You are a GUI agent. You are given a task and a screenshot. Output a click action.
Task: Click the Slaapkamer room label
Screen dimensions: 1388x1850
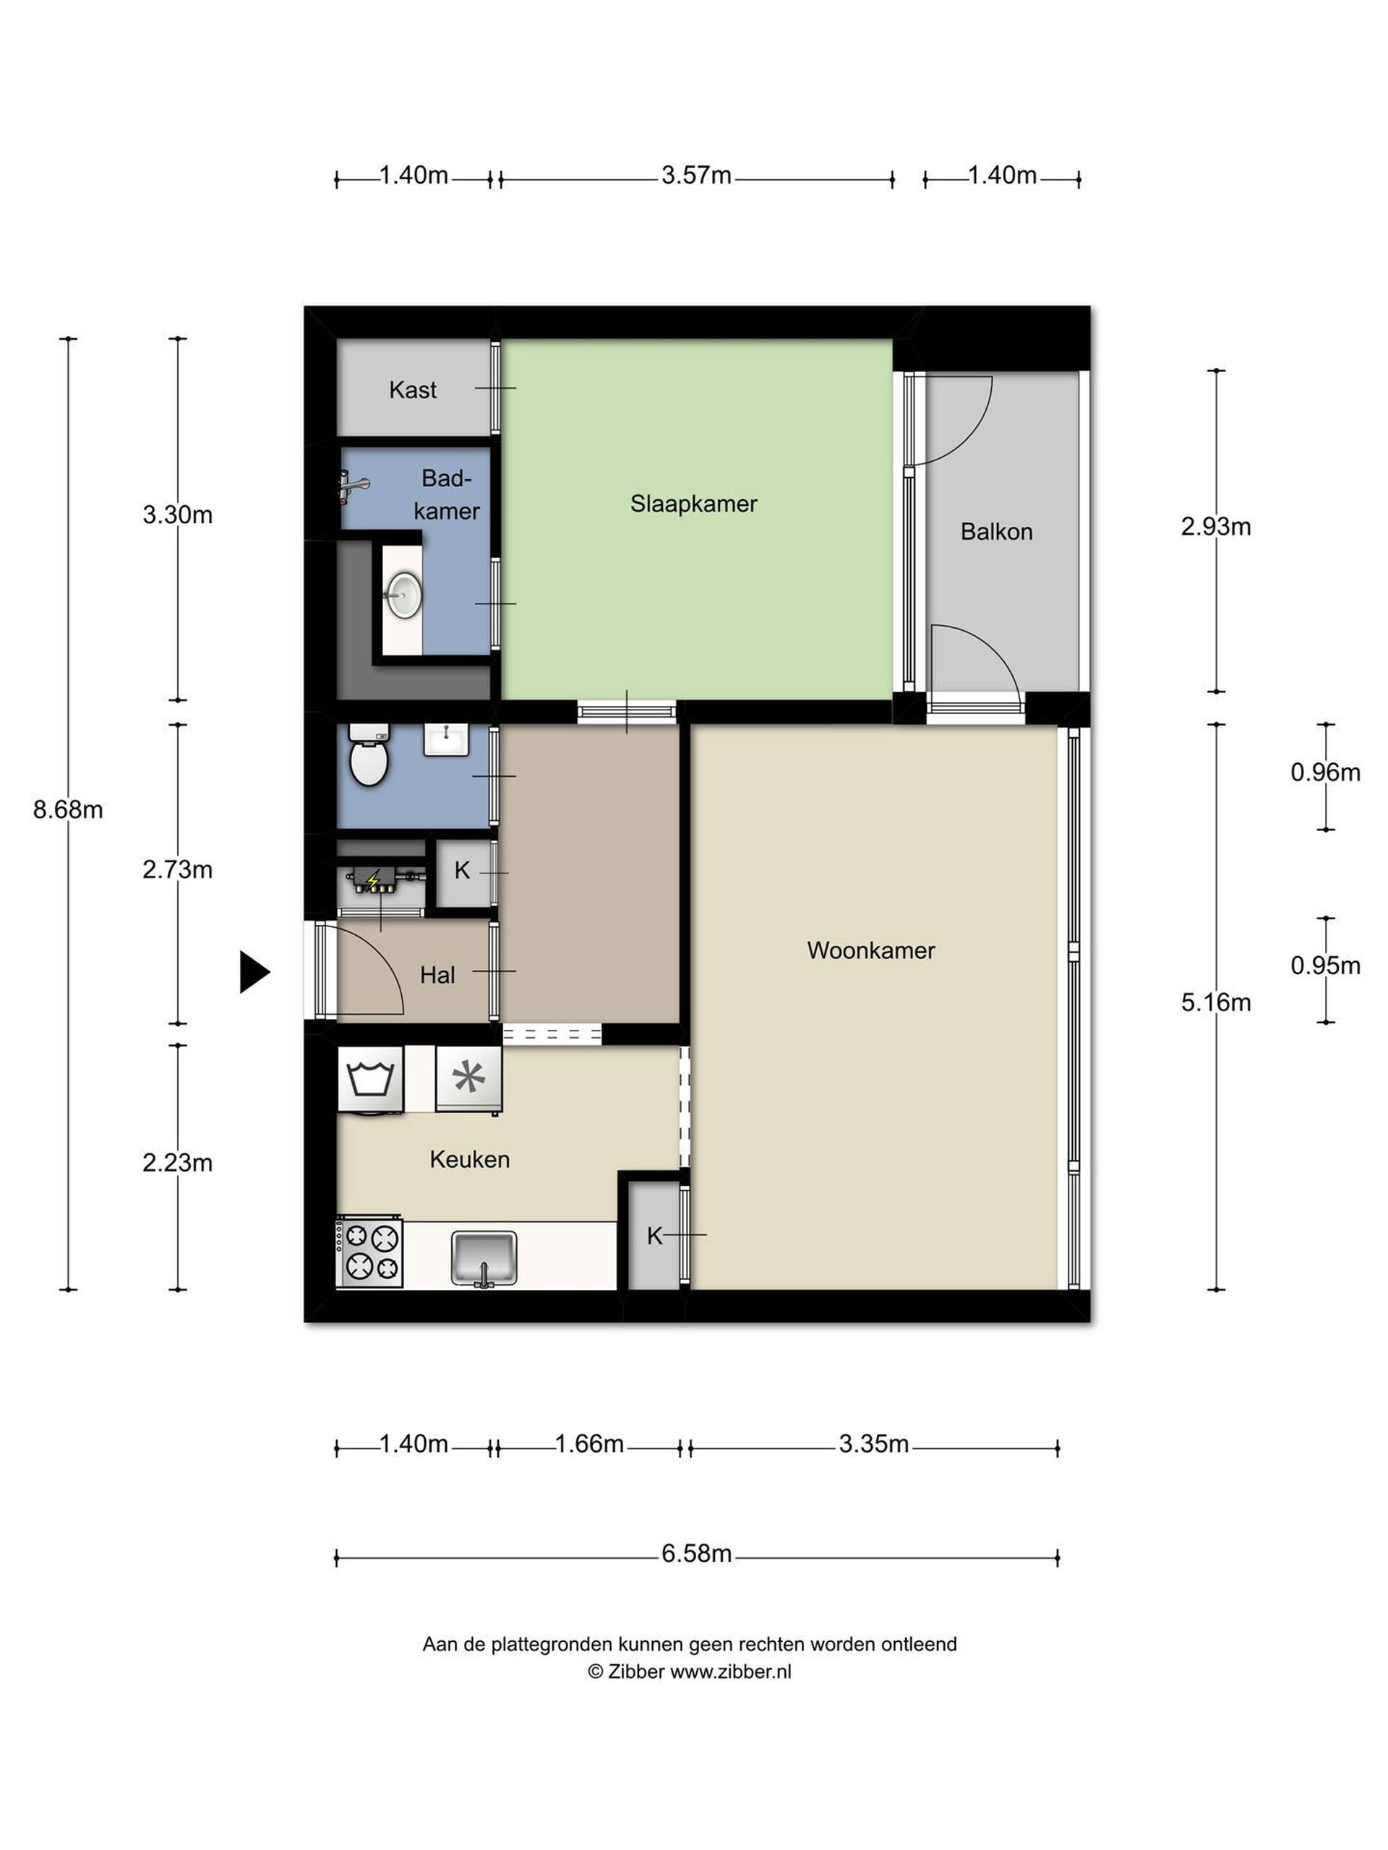[x=693, y=504]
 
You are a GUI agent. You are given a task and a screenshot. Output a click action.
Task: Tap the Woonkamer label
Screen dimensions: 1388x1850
[x=870, y=950]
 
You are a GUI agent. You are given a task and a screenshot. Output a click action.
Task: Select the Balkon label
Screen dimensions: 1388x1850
[x=995, y=531]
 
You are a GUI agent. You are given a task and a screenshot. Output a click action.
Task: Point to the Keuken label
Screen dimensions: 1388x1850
[x=469, y=1159]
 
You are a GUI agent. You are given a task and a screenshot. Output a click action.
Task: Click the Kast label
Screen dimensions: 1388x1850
[x=413, y=390]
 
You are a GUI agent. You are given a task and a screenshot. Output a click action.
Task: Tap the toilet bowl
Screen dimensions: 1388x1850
[x=368, y=755]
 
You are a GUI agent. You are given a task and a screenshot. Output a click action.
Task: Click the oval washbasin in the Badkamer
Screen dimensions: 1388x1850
[x=403, y=596]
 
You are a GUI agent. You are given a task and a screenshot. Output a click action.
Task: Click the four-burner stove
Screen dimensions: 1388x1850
[x=369, y=1252]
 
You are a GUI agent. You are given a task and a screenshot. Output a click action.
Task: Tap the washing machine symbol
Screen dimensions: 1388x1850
[x=370, y=1080]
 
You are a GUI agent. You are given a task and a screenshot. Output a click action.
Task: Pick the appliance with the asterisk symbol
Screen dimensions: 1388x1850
[x=468, y=1080]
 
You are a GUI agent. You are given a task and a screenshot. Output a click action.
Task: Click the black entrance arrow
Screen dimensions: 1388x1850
[x=254, y=972]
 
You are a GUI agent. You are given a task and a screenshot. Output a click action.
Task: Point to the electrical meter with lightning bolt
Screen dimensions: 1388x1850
[x=381, y=880]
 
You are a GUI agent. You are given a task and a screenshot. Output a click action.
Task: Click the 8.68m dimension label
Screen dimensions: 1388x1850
[x=68, y=809]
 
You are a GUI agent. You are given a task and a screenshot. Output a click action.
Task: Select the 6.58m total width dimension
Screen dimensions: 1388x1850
[x=696, y=1553]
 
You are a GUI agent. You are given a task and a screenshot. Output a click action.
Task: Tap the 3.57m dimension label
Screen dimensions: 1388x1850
[x=696, y=175]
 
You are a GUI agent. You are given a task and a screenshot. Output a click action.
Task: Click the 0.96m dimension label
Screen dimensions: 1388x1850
[x=1325, y=772]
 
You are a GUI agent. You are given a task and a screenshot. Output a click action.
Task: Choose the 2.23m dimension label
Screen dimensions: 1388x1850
[x=177, y=1163]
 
